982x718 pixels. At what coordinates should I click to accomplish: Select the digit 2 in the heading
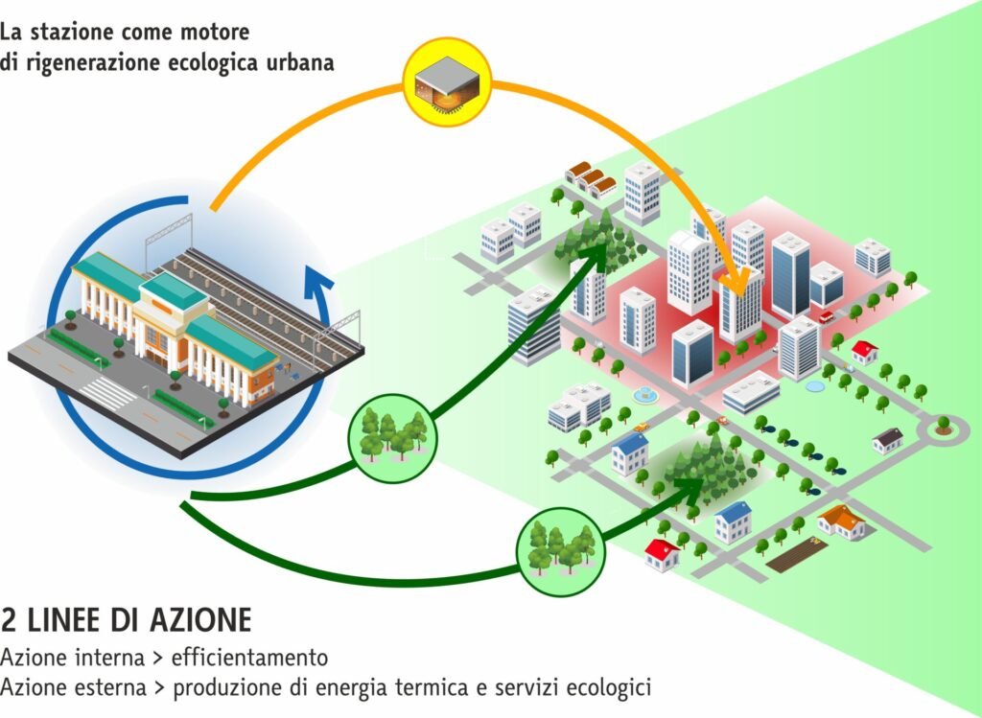10,620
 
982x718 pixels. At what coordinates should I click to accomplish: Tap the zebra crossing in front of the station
105,392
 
